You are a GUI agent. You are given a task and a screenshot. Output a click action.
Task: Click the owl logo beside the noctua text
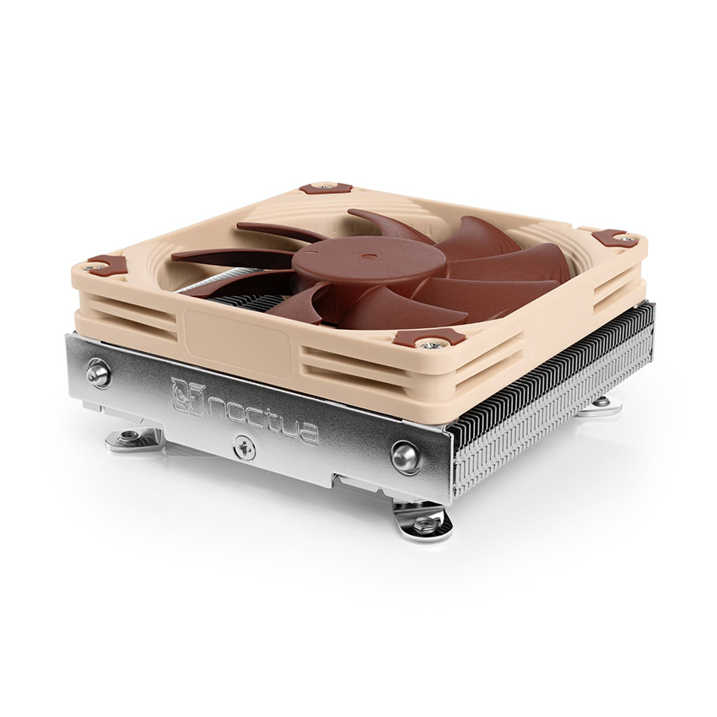pyautogui.click(x=185, y=394)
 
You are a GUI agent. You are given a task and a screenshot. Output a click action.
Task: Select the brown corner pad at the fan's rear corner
pyautogui.click(x=324, y=186)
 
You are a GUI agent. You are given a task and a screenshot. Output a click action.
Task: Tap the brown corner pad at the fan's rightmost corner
pyautogui.click(x=614, y=238)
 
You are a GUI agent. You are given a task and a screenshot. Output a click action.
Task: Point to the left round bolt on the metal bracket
pyautogui.click(x=99, y=372)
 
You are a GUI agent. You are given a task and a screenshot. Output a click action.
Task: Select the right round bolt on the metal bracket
pyautogui.click(x=406, y=456)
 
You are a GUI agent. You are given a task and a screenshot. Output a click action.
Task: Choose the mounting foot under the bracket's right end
pyautogui.click(x=423, y=521)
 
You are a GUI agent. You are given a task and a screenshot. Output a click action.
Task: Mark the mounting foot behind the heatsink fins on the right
pyautogui.click(x=601, y=406)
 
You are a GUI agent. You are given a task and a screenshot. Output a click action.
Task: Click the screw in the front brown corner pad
pyautogui.click(x=429, y=343)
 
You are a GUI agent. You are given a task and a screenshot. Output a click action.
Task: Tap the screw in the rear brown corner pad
pyautogui.click(x=324, y=185)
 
